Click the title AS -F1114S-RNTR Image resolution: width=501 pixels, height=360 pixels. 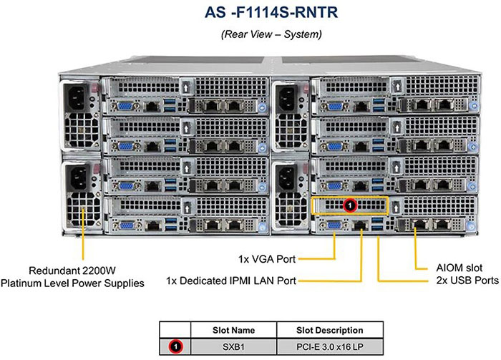250,13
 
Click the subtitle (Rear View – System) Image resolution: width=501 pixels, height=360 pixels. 250,34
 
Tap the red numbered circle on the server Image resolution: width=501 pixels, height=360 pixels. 350,206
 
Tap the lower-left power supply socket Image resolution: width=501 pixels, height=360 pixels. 77,177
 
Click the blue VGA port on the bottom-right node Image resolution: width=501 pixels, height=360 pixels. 333,225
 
